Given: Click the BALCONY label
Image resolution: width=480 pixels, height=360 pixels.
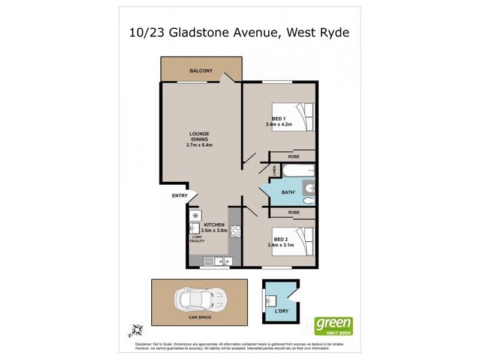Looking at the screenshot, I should [201, 71].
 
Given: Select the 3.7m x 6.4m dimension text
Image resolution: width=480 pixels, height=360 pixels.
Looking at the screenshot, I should [200, 145].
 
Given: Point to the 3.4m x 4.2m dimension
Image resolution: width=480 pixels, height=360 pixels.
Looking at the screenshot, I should [278, 125].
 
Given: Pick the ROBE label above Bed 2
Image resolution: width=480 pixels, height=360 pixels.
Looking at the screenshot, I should [294, 212].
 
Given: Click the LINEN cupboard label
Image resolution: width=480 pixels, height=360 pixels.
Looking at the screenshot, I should [275, 172].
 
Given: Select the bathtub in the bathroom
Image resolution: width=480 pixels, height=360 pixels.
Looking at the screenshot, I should [298, 171].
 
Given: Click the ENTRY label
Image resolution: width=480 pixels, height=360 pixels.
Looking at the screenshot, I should [179, 196].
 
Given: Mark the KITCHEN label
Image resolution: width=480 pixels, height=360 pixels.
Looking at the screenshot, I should [214, 224].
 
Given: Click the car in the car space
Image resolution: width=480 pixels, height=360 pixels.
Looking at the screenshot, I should [199, 298].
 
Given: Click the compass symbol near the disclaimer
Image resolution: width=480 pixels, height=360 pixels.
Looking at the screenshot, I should [136, 329].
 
